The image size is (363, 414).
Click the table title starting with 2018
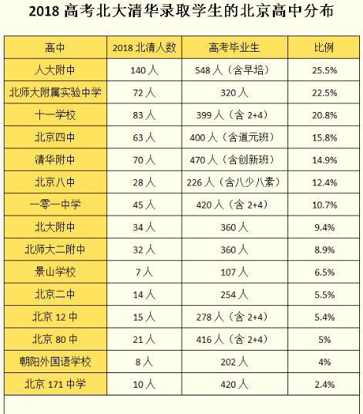pos(181,12)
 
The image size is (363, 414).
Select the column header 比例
pos(324,48)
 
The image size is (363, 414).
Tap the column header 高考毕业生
pos(234,48)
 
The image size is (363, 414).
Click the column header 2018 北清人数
pos(144,48)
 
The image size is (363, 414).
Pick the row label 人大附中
pos(55,70)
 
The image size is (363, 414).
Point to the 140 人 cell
pos(144,70)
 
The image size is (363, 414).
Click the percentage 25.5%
pos(324,70)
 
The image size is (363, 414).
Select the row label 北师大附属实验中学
pos(55,93)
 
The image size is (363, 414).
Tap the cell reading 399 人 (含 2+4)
pos(232,115)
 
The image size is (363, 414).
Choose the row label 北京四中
pos(55,137)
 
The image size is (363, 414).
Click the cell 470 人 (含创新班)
pos(232,160)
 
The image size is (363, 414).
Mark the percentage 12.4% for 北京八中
pos(324,182)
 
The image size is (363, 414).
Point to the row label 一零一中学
pos(55,205)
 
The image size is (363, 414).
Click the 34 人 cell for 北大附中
pos(144,227)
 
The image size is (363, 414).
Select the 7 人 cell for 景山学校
pos(144,272)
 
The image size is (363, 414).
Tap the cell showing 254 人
pos(234,294)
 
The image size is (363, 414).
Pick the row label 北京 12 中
pos(55,317)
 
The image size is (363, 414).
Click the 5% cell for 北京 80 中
pos(324,340)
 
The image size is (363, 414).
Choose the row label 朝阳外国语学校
pos(55,361)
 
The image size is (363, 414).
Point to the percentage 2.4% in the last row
pos(324,385)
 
